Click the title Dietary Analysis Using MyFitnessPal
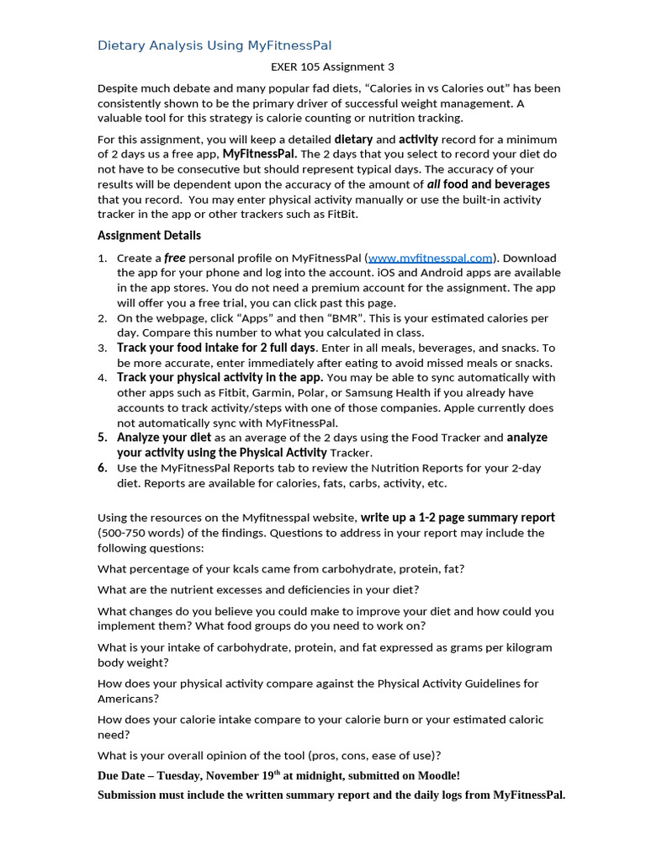214,45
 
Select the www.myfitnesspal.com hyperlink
430,258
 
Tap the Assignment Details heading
149,236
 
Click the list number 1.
101,258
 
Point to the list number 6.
102,468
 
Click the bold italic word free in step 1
174,258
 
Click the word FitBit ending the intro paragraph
340,215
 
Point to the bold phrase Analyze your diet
164,438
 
